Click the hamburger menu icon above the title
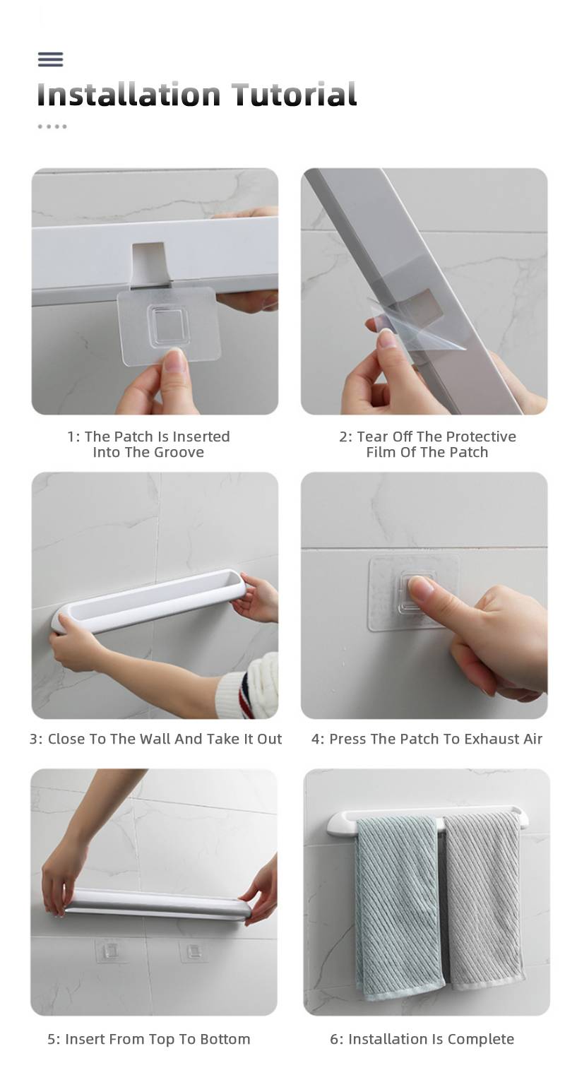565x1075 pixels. (50, 59)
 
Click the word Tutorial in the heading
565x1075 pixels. (295, 94)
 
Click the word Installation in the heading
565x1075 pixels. (129, 94)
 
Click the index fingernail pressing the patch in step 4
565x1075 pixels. (420, 586)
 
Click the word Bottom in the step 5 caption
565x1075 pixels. (225, 1039)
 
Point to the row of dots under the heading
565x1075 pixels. (52, 126)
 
